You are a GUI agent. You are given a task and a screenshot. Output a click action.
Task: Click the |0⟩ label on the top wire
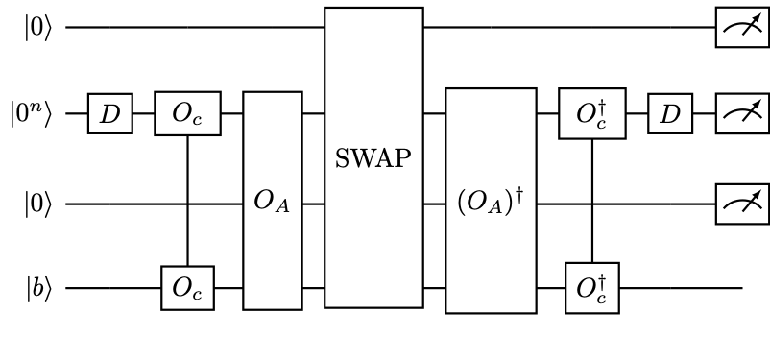click(39, 27)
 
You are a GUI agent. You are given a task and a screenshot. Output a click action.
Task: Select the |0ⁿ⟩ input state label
click(36, 114)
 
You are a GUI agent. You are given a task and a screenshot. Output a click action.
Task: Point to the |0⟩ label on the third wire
click(39, 204)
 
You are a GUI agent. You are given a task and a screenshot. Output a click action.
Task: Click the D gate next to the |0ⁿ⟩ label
click(110, 114)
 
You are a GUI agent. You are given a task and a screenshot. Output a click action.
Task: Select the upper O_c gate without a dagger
click(187, 114)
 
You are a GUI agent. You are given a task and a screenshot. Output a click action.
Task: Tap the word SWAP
click(373, 157)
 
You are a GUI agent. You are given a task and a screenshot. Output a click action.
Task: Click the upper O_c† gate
click(591, 114)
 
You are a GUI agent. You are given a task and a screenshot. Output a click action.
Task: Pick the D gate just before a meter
click(670, 114)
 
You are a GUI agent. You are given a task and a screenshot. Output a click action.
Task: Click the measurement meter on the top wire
click(742, 27)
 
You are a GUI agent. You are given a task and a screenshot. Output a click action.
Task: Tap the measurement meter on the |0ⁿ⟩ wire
click(742, 114)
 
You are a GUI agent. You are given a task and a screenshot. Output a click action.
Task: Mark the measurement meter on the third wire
click(742, 204)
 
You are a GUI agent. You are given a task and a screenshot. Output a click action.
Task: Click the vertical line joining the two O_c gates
click(187, 202)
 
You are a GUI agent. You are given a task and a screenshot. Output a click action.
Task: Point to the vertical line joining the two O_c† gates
click(591, 202)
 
